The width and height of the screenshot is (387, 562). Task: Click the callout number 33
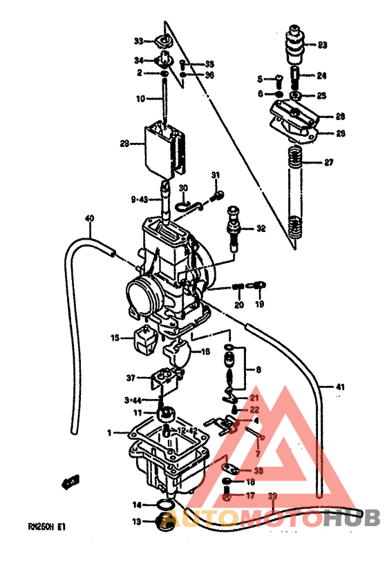(x=138, y=40)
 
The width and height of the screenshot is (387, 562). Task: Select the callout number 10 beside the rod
(x=140, y=99)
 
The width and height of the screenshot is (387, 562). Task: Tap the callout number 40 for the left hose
(x=89, y=219)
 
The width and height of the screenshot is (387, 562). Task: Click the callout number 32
(x=261, y=229)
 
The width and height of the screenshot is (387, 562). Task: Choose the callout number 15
(x=115, y=338)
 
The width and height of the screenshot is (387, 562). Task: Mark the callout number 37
(x=131, y=378)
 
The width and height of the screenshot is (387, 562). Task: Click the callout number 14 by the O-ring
(x=137, y=505)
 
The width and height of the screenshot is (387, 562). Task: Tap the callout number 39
(x=272, y=496)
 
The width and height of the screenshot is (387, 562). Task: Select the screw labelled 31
(x=216, y=197)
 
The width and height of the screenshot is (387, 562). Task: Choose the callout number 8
(x=258, y=370)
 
